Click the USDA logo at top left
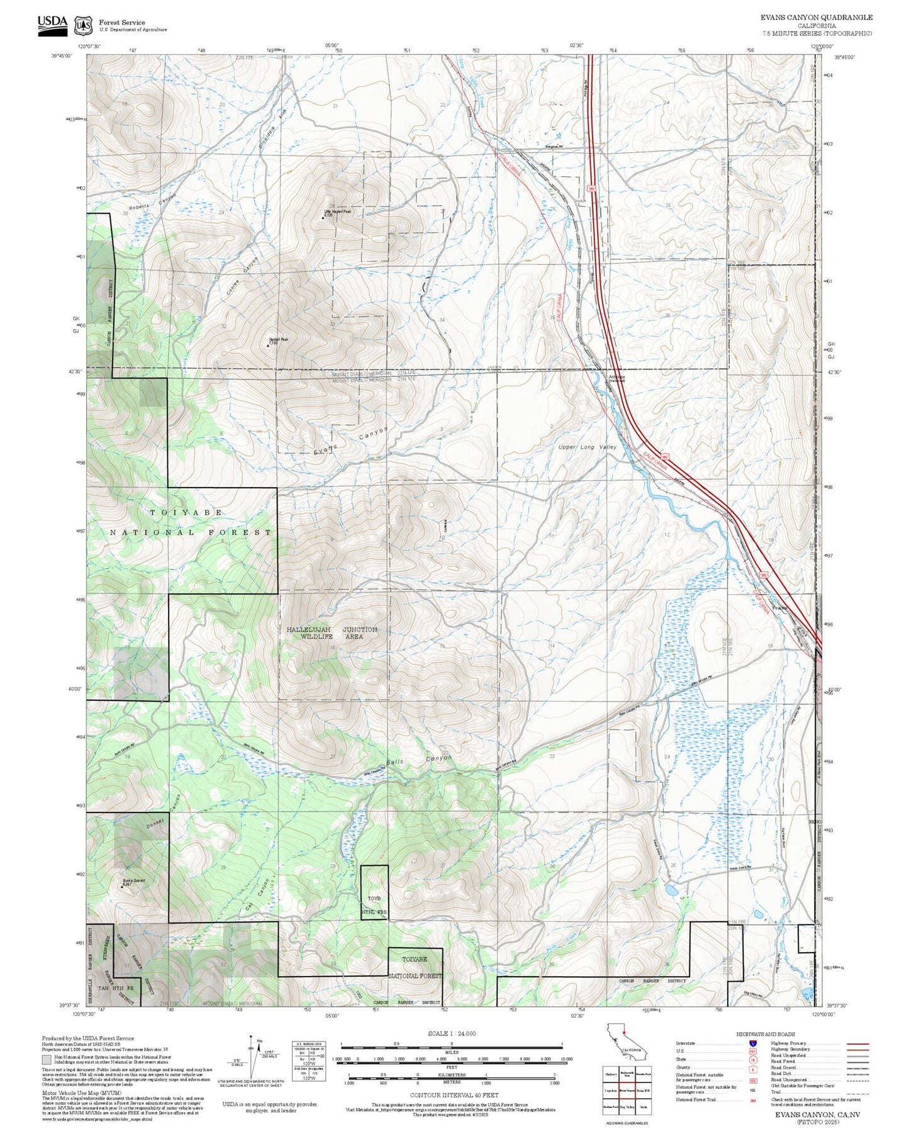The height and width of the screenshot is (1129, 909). [52, 25]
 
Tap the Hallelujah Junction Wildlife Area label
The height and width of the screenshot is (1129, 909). [332, 633]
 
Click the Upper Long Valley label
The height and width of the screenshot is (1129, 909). [588, 447]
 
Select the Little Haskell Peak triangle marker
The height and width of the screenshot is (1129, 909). [323, 218]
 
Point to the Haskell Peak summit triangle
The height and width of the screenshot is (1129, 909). [267, 345]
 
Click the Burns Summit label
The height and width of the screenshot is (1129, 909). [134, 880]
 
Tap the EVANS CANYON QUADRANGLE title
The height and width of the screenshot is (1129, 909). [816, 18]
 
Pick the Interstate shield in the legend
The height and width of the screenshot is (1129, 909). [752, 1043]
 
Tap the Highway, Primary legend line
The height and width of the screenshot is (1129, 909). [857, 1043]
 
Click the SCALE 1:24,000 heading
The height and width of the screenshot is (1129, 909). [452, 1034]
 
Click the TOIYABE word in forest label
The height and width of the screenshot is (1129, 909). [186, 512]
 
